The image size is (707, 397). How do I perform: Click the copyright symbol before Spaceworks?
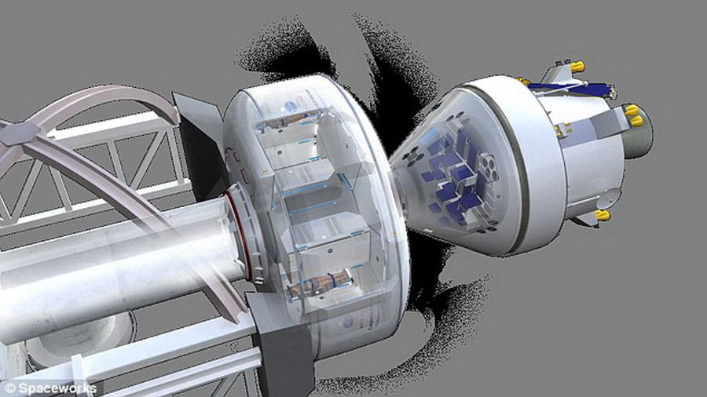click(10, 388)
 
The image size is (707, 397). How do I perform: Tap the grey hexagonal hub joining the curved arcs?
click(19, 133)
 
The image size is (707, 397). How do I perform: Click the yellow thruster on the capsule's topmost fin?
click(577, 67)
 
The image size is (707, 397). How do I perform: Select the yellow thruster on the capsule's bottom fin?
click(603, 215)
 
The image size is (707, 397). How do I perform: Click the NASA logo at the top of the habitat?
click(291, 106)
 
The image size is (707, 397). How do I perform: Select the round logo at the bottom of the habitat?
click(348, 322)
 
